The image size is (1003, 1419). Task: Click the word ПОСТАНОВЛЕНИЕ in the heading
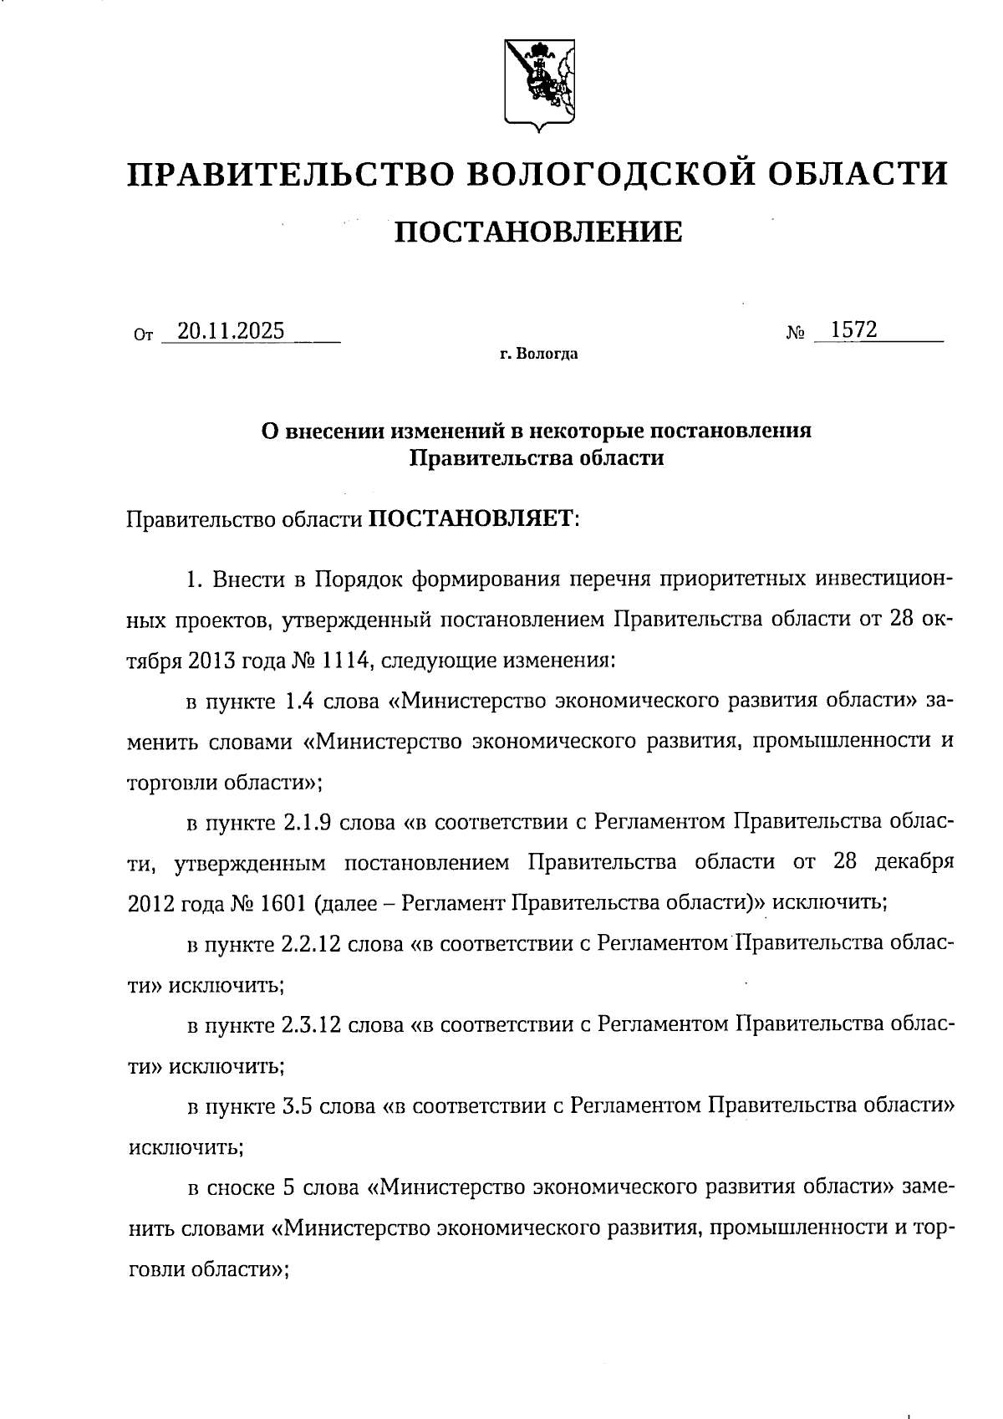coord(538,232)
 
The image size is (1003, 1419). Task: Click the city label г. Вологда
coord(539,355)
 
